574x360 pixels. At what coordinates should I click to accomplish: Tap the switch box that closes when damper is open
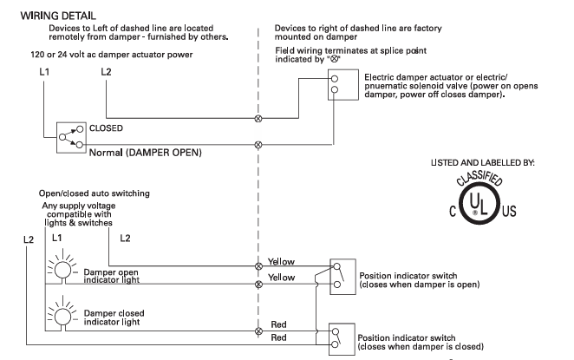point(342,277)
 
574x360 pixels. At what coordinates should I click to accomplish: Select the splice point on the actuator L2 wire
point(257,117)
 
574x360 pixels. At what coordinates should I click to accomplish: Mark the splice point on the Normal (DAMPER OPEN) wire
point(257,143)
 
